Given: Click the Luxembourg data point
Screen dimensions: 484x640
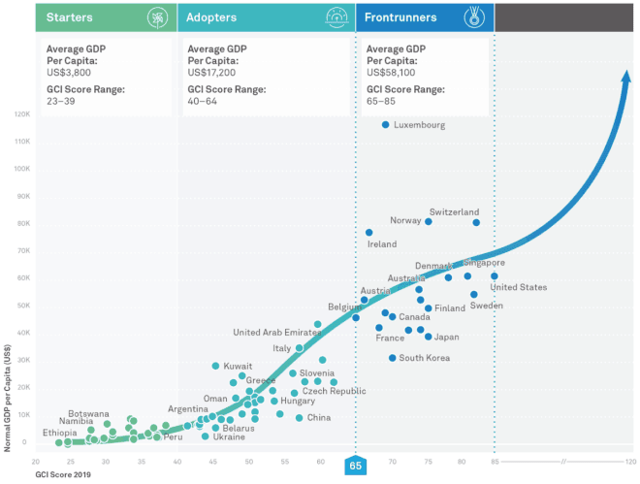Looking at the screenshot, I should pos(386,125).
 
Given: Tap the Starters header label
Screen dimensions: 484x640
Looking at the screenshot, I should pos(71,17).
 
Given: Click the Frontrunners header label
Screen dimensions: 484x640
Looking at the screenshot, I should pos(400,17).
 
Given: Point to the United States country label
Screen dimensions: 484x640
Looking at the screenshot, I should pos(519,287).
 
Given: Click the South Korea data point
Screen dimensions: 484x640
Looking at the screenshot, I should pos(393,358).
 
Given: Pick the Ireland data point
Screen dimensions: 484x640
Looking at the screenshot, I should pos(369,233).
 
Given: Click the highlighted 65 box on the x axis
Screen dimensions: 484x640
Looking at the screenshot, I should pos(355,467).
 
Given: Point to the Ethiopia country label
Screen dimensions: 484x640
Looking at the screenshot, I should pos(60,433).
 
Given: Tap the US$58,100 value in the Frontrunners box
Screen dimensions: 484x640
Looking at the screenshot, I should pos(398,72).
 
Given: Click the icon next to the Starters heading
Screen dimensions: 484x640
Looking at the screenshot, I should pos(155,17).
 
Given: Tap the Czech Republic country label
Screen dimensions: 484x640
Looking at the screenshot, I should pos(334,392).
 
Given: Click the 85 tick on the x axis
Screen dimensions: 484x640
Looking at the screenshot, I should pos(494,462).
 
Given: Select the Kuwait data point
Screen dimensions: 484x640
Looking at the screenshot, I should pos(216,366).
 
